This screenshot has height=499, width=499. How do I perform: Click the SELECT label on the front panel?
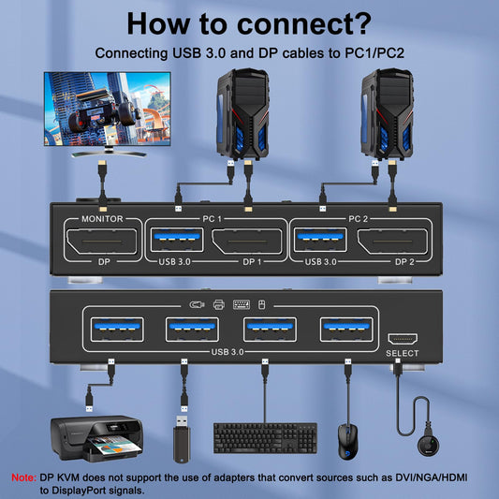point(403,353)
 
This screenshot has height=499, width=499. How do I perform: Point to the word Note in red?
point(23,477)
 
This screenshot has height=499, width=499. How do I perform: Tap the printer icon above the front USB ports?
point(219,304)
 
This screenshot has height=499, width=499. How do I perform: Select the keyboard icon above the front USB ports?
point(241,304)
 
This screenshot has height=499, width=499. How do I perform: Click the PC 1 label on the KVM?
point(211,218)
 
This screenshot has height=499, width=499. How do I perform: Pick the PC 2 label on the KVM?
point(357,218)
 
